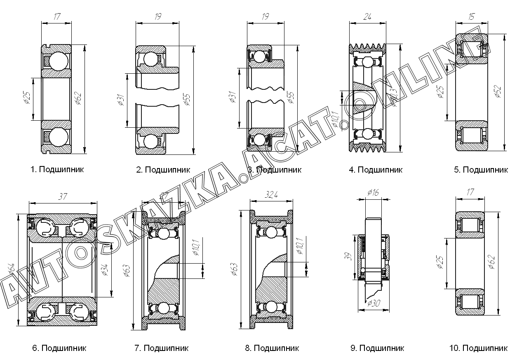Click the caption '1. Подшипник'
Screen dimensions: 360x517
pos(57,169)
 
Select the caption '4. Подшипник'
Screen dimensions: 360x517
pos(375,169)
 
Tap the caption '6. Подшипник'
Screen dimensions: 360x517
pos(59,348)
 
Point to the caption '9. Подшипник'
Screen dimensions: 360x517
pos(377,348)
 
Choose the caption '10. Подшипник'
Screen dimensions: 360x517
pos(478,348)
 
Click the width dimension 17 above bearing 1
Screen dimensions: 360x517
pos(56,17)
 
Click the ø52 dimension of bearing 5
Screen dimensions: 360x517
pos(498,91)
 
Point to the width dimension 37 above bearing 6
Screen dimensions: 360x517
pos(63,196)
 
